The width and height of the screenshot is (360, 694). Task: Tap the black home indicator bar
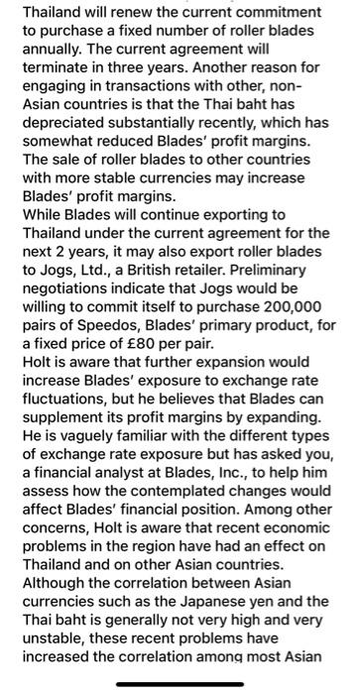pyautogui.click(x=180, y=683)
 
